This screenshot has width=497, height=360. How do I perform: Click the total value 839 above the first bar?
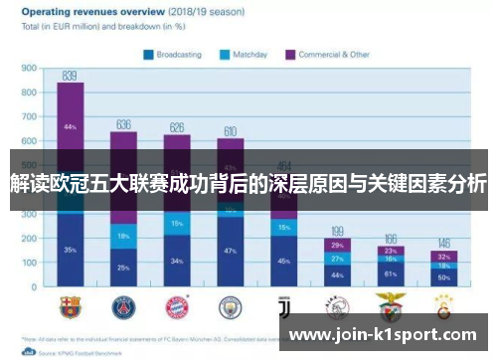coord(70,75)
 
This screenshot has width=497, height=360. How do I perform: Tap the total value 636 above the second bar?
coord(123,124)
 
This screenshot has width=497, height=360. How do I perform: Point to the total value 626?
coord(177,126)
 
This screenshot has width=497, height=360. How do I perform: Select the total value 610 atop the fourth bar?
coord(230,130)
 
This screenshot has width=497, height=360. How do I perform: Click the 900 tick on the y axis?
coord(30,70)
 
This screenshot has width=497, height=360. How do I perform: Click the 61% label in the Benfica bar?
coord(391,272)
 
